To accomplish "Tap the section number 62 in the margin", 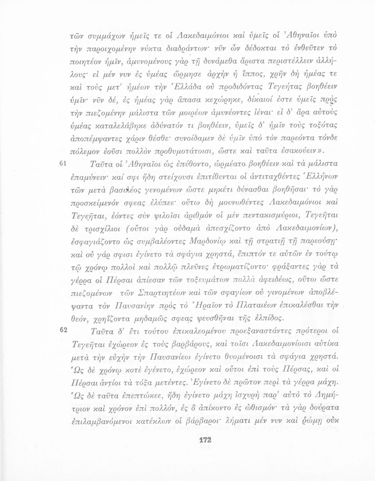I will tap(63, 329).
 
